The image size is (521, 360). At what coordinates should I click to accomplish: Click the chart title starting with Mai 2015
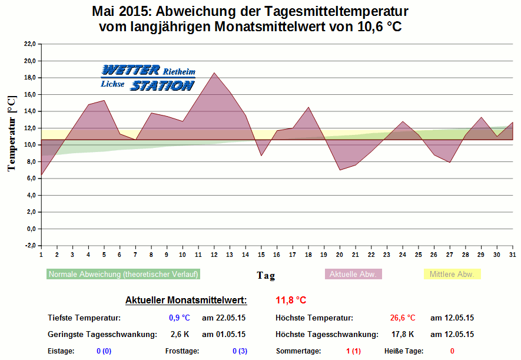point(250,19)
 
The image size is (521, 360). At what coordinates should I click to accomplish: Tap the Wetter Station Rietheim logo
point(147,78)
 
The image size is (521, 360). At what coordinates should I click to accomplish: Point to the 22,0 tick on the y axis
point(29,44)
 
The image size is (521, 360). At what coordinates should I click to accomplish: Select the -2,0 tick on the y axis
point(29,245)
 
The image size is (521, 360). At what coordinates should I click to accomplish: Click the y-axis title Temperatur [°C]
point(11,134)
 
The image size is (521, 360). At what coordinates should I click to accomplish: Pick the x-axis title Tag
point(266,275)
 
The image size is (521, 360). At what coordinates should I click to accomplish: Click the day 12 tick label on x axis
point(214,255)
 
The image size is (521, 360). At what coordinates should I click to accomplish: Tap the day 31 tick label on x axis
point(512,255)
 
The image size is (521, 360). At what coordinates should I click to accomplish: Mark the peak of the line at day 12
point(214,73)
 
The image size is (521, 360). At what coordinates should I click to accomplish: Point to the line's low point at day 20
point(340,170)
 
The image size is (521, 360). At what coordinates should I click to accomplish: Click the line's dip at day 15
point(261,156)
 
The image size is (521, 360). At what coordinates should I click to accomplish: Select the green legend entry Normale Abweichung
point(123,274)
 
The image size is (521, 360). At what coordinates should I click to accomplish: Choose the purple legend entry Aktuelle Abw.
point(353,274)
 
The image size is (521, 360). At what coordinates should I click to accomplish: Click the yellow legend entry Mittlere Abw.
point(452,274)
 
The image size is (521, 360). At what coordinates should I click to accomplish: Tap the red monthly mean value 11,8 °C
point(291,300)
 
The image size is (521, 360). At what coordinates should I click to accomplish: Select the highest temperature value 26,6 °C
point(403,318)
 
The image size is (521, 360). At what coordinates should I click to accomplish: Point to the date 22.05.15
point(224,318)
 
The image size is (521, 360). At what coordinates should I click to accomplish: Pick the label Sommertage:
point(298,351)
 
